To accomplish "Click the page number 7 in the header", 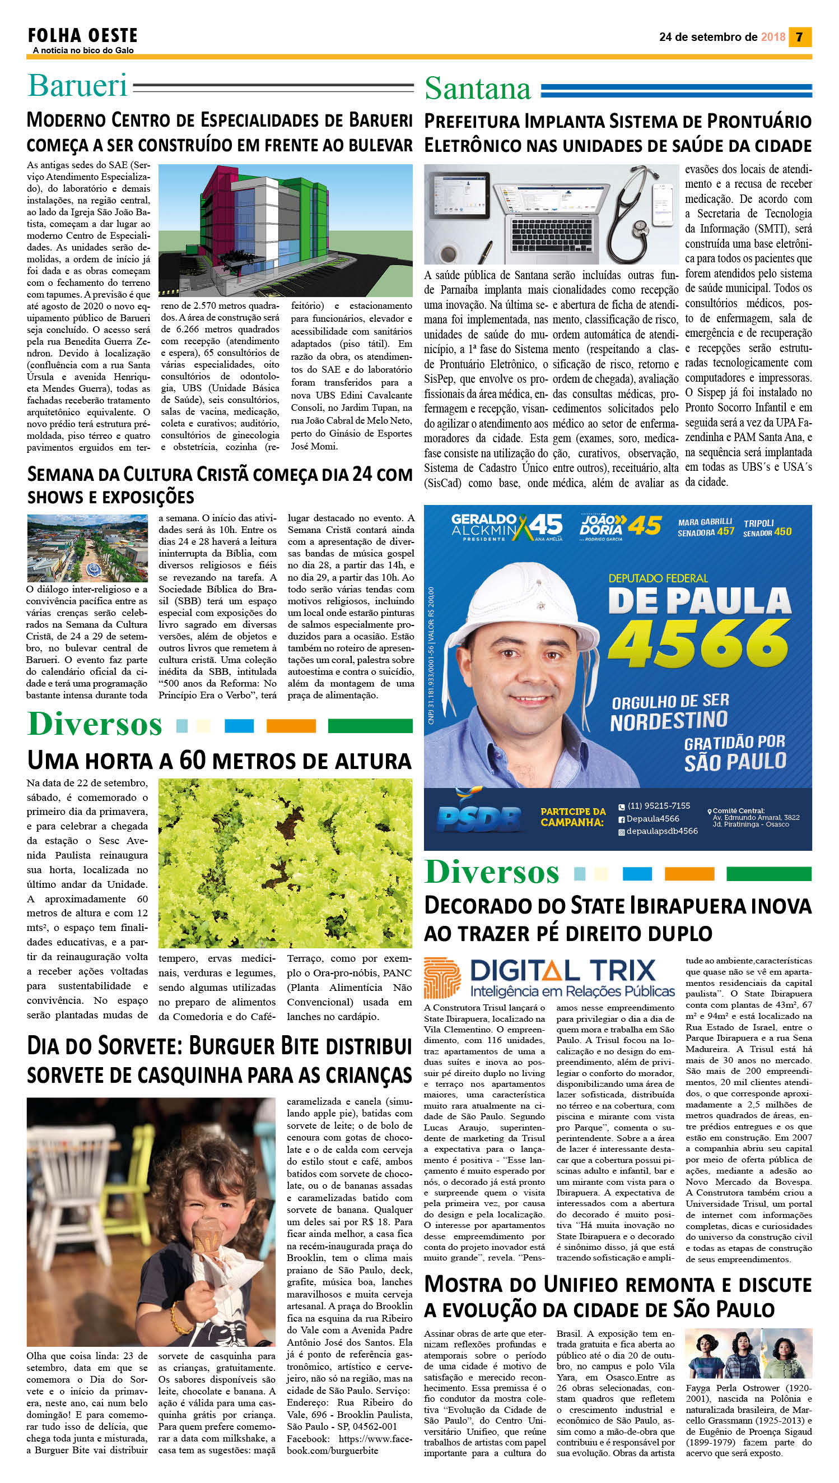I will (799, 37).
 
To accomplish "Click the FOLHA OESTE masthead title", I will (82, 36).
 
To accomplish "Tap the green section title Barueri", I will (77, 85).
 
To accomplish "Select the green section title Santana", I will (478, 89).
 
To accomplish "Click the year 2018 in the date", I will (773, 37).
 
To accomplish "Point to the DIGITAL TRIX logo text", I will (562, 971).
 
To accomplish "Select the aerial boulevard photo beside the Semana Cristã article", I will (87, 548).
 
